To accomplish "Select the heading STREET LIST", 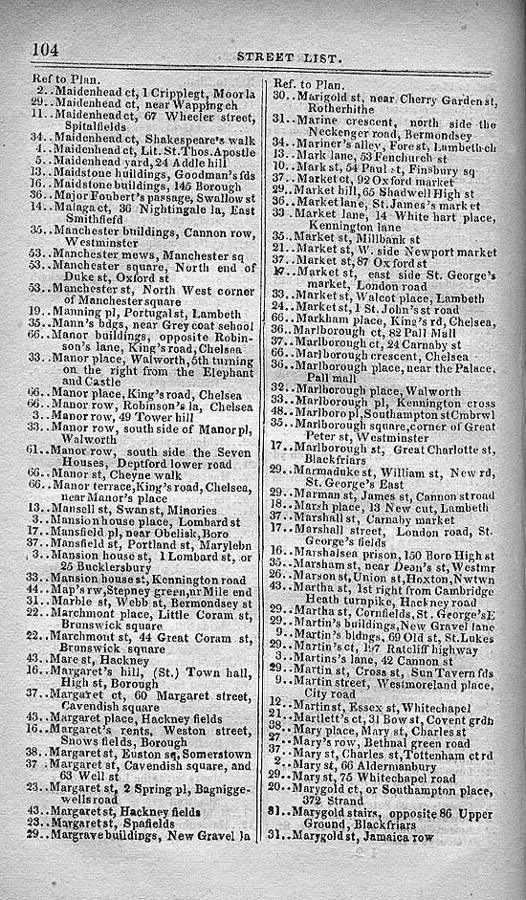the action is click(288, 58).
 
